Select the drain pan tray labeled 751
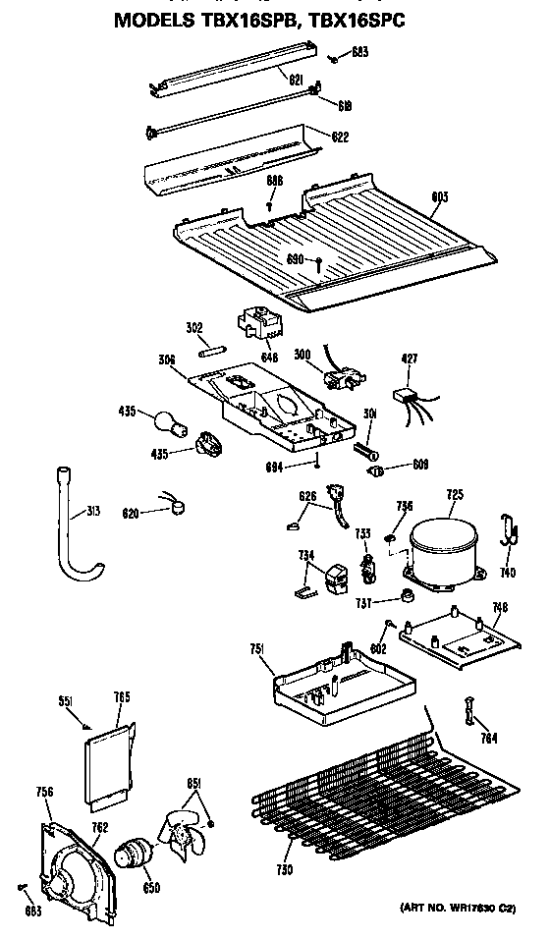325,685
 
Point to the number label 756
44,792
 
